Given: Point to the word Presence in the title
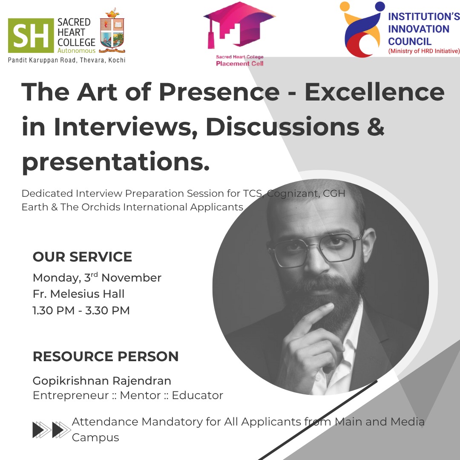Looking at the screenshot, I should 210,92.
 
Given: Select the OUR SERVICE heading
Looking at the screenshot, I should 82,257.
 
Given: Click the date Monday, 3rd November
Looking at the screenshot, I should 97,278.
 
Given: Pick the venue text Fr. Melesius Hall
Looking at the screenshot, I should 79,294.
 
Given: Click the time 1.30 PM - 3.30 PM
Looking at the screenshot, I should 81,310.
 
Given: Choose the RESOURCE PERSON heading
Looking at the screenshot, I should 106,356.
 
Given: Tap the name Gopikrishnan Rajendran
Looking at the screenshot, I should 102,381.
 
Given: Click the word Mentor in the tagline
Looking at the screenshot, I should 140,396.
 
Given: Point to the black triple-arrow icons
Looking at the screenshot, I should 52,429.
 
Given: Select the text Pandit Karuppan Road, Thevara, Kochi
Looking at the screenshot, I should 67,60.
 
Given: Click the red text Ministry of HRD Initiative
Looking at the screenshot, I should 424,51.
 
